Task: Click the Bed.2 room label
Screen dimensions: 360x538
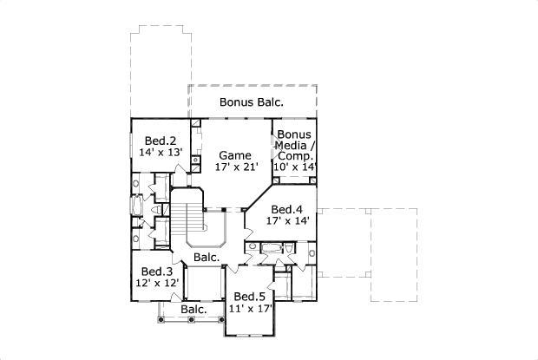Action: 161,141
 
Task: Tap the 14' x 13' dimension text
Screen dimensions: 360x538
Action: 161,152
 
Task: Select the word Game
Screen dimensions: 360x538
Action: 234,155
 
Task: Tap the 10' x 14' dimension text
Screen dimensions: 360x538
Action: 295,167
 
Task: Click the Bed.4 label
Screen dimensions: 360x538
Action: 286,209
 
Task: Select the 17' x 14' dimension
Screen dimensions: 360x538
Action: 286,220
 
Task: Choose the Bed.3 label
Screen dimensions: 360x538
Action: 157,272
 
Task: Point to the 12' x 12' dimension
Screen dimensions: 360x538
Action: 157,283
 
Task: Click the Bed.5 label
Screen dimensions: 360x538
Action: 250,296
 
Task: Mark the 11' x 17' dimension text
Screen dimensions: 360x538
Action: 251,307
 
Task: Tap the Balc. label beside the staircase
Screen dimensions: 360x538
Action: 207,258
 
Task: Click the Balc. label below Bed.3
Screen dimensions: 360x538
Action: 193,310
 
